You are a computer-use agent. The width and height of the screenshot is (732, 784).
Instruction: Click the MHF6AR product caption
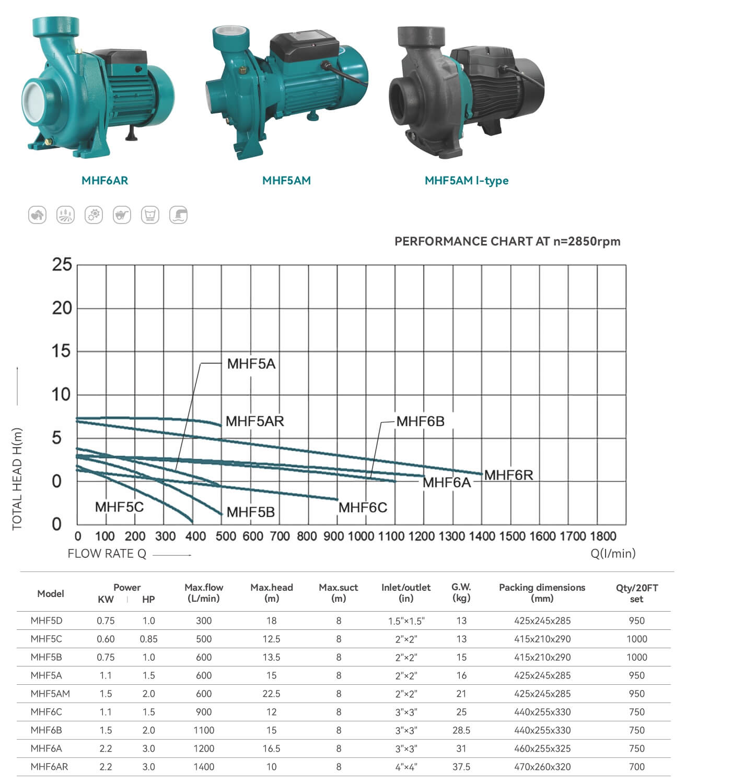tap(104, 180)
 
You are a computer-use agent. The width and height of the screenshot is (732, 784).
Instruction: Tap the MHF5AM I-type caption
tap(467, 180)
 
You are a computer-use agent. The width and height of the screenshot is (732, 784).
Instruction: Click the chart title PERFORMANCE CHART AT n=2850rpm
tap(507, 241)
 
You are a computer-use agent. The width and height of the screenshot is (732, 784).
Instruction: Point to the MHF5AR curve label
tap(255, 421)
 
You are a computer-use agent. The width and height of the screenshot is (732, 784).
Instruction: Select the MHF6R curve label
tap(509, 475)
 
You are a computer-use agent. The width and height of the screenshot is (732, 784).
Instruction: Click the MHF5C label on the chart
tap(119, 507)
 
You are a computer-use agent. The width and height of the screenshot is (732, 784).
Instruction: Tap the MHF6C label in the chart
tap(363, 508)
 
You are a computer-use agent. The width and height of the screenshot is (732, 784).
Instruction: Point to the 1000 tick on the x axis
tap(361, 536)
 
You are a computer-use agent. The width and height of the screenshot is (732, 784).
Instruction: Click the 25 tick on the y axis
tap(62, 264)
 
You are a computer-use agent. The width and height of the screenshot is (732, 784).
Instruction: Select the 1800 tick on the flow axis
tap(603, 536)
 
